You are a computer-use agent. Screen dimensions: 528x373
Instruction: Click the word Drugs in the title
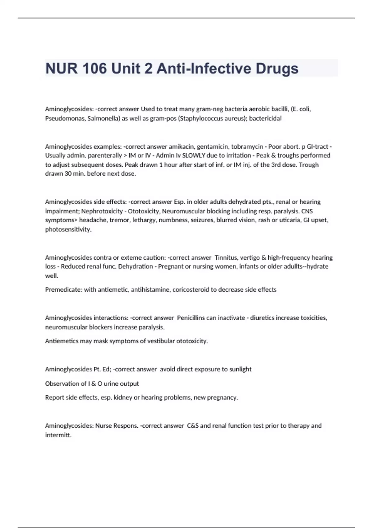pyautogui.click(x=277, y=69)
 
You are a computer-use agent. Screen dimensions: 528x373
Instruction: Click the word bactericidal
pyautogui.click(x=265, y=118)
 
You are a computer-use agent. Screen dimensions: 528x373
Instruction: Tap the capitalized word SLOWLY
pyautogui.click(x=190, y=155)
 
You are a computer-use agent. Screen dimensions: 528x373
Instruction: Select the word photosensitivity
pyautogui.click(x=68, y=230)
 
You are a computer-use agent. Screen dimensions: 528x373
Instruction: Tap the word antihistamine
pyautogui.click(x=150, y=289)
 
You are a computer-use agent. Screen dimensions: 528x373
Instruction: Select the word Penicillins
pyautogui.click(x=195, y=318)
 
